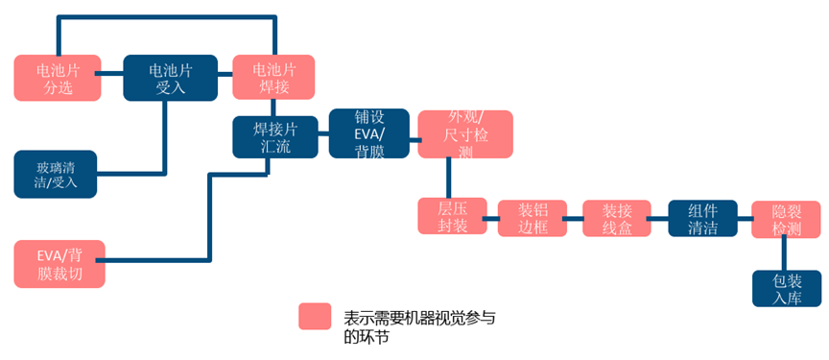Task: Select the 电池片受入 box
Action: tap(165, 78)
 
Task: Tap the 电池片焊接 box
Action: tap(273, 78)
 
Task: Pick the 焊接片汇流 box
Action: tap(274, 136)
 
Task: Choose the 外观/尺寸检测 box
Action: tap(465, 133)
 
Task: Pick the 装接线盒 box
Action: tap(617, 217)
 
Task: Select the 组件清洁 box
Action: tap(701, 217)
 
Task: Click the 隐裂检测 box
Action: tap(785, 217)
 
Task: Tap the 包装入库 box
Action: tap(786, 288)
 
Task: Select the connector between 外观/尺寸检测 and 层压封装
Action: tap(448, 178)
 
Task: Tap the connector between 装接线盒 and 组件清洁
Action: tap(659, 219)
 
